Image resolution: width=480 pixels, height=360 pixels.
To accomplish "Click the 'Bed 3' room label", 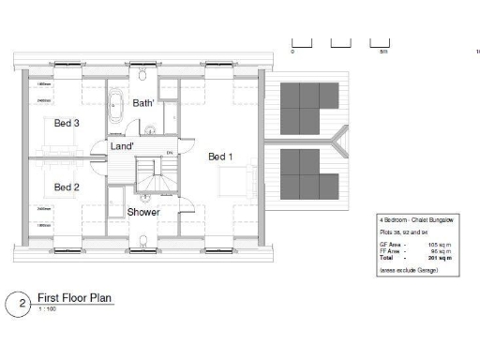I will pyautogui.click(x=66, y=124).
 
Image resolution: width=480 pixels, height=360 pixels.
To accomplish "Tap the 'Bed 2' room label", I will pyautogui.click(x=66, y=187).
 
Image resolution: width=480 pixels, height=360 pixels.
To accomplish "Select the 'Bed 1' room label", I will pyautogui.click(x=220, y=157).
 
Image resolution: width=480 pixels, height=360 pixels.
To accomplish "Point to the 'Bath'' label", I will pyautogui.click(x=143, y=102).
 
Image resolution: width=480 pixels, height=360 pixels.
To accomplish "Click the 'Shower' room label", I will pyautogui.click(x=143, y=212).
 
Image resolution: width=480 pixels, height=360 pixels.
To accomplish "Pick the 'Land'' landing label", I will pyautogui.click(x=122, y=147).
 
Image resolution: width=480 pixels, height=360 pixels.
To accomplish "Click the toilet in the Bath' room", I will pyautogui.click(x=142, y=75).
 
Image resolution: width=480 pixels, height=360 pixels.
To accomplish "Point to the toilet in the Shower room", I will pyautogui.click(x=142, y=242).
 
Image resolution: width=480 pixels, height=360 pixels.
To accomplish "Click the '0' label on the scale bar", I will pyautogui.click(x=292, y=52).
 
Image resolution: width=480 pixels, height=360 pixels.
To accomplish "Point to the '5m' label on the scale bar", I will pyautogui.click(x=383, y=52).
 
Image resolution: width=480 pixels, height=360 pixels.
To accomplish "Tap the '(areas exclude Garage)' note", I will pyautogui.click(x=405, y=270).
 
